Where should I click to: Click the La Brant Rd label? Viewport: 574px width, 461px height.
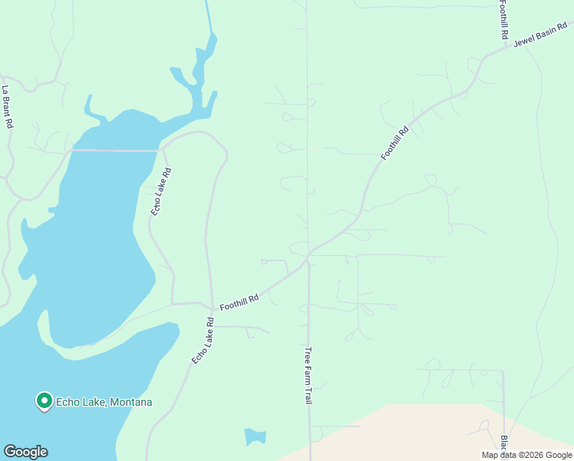click(x=8, y=107)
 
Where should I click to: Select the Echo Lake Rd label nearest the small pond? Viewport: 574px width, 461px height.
click(x=200, y=340)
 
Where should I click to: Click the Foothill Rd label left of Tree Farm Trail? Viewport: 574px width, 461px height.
click(x=239, y=300)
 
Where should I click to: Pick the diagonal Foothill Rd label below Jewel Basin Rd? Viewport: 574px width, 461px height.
click(x=395, y=143)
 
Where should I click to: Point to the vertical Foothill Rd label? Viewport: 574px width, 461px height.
click(x=504, y=20)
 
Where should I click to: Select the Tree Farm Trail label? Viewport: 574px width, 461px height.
click(x=308, y=376)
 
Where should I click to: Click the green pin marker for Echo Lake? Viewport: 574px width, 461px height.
click(x=45, y=400)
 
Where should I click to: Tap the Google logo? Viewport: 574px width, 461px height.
click(x=25, y=452)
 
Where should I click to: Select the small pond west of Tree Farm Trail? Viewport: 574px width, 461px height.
click(x=255, y=437)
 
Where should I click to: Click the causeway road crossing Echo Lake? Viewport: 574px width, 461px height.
click(x=115, y=151)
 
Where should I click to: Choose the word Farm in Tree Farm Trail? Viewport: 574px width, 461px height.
click(x=308, y=376)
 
